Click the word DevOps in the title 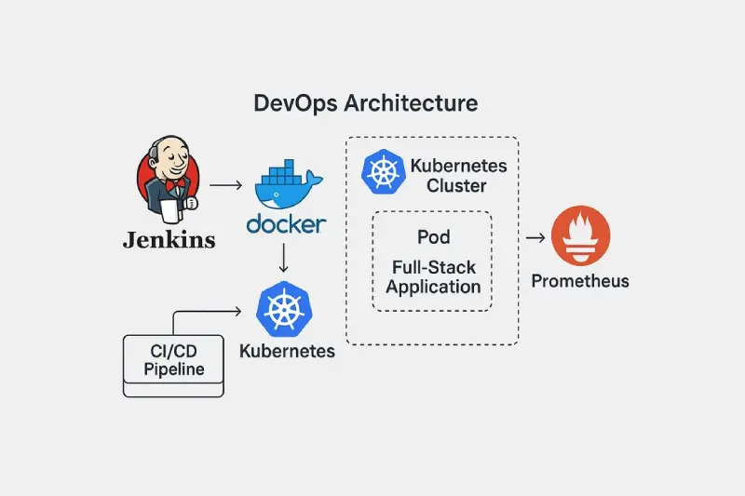(x=295, y=103)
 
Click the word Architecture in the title (x=411, y=103)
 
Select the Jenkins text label (x=169, y=240)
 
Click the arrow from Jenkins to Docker (x=226, y=185)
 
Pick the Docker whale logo (x=289, y=184)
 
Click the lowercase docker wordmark (x=286, y=224)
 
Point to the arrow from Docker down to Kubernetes (x=284, y=258)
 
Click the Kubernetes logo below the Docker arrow (x=284, y=310)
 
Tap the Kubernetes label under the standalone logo (x=287, y=351)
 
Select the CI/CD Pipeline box (x=173, y=366)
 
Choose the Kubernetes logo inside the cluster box (x=384, y=172)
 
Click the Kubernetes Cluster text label (x=458, y=176)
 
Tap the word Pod (x=433, y=237)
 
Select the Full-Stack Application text (x=433, y=277)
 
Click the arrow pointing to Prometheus (x=535, y=237)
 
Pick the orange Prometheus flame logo (x=580, y=235)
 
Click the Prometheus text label (x=580, y=281)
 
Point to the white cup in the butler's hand (x=169, y=211)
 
